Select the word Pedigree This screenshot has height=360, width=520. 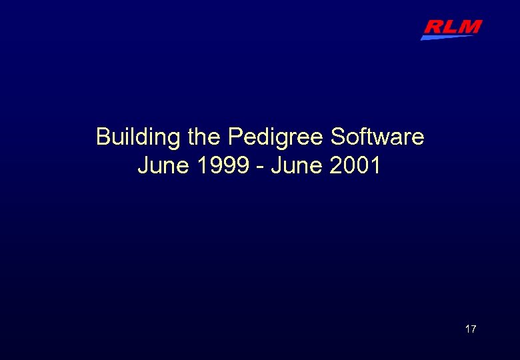[x=276, y=137]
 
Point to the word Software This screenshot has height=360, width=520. [x=377, y=137]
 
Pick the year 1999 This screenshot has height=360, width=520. [x=225, y=165]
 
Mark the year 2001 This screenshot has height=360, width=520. [x=355, y=165]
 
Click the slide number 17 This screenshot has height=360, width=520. [x=470, y=329]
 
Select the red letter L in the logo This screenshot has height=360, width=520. [x=451, y=27]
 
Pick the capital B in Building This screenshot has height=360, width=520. [x=103, y=137]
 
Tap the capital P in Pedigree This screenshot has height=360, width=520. [x=235, y=137]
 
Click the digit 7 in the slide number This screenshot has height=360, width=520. [x=473, y=329]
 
